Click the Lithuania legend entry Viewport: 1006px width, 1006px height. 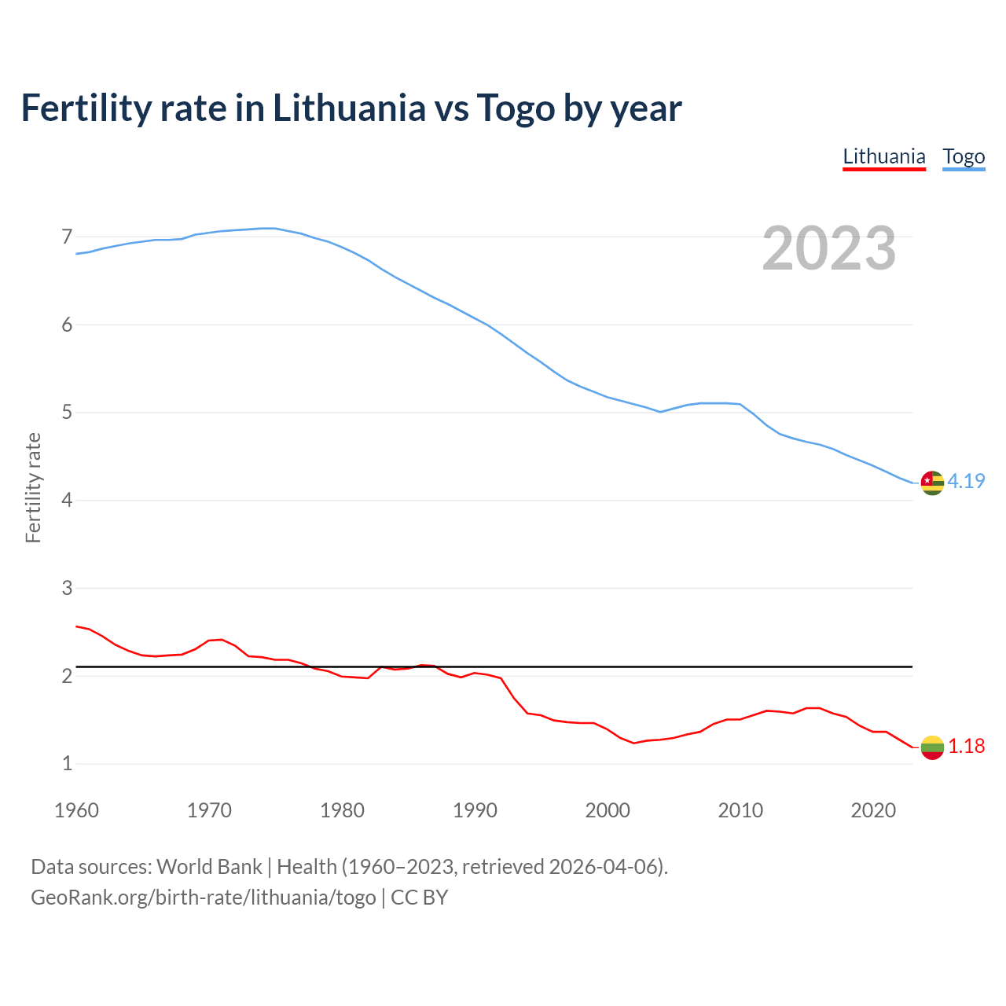tap(884, 156)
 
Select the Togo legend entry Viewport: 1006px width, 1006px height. tap(964, 156)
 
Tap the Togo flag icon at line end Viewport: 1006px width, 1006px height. tap(932, 483)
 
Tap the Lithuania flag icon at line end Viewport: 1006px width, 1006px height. tap(932, 747)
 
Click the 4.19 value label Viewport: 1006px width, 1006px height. tap(966, 481)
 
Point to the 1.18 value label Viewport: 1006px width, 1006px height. tap(966, 746)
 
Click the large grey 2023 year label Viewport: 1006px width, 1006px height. tap(829, 248)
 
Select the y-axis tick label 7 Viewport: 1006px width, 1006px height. tap(67, 237)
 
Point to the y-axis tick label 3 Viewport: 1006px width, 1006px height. tap(67, 588)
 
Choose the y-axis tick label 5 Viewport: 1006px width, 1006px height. tap(67, 413)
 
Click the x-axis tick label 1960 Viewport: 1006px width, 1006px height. tap(76, 810)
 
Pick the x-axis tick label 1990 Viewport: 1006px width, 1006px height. tap(475, 810)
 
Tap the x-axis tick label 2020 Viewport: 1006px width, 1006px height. tap(873, 810)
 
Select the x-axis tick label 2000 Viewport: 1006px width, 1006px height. tap(608, 810)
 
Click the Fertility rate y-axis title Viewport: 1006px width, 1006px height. tap(33, 487)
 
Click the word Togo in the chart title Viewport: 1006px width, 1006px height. tap(515, 108)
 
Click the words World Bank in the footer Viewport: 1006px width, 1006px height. tap(209, 867)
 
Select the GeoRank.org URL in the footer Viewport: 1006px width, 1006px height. tap(204, 898)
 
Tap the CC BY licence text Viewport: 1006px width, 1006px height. tap(419, 898)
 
